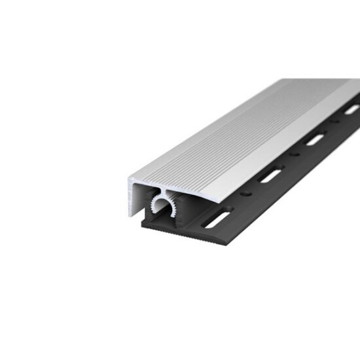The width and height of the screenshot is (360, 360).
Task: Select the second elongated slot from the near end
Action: tap(270, 175)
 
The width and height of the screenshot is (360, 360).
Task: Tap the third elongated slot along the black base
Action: tap(315, 139)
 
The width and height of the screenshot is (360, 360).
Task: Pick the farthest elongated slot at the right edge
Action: tap(351, 109)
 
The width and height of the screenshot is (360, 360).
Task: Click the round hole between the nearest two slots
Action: tap(246, 194)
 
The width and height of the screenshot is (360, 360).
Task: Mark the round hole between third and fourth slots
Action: tap(334, 122)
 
